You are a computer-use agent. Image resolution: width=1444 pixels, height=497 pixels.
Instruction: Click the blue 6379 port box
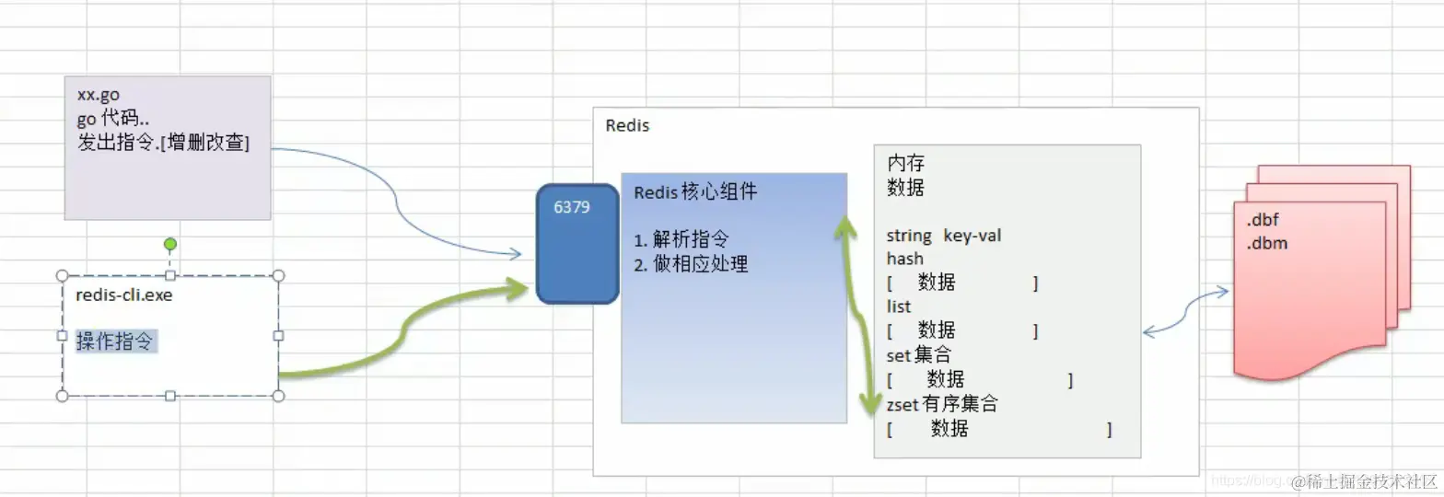click(577, 243)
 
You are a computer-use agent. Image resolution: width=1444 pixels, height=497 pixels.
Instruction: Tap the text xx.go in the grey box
click(99, 95)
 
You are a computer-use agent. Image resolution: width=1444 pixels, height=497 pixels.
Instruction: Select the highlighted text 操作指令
click(115, 341)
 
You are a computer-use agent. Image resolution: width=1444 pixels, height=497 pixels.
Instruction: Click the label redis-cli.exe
click(124, 295)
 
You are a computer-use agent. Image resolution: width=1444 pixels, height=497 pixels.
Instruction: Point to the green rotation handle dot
click(169, 244)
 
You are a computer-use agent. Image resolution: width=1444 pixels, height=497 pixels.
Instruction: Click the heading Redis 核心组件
click(695, 192)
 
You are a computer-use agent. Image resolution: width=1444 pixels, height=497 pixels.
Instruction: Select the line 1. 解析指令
click(681, 240)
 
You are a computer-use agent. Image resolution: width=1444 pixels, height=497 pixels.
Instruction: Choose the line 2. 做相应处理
click(691, 264)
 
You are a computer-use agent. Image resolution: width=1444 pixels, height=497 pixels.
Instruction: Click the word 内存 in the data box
click(905, 163)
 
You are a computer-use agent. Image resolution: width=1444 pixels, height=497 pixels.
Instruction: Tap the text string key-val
click(943, 236)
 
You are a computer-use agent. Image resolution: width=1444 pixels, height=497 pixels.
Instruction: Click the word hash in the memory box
click(904, 259)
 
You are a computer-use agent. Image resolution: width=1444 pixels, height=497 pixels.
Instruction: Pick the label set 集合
click(918, 354)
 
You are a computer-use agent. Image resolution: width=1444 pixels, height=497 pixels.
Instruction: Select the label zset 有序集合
click(941, 404)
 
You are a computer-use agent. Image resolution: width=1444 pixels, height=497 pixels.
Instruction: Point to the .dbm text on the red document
click(1267, 244)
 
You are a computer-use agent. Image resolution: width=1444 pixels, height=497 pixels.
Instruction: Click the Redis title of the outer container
click(627, 125)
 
